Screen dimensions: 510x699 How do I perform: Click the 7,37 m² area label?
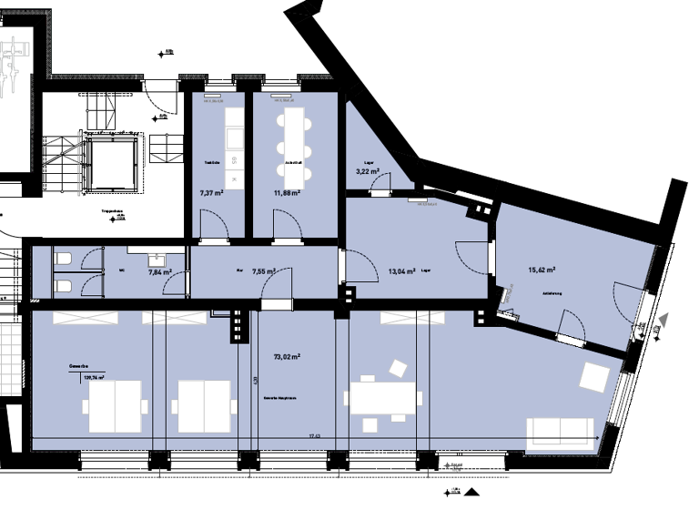[x=211, y=193]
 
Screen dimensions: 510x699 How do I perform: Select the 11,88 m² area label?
[x=287, y=193]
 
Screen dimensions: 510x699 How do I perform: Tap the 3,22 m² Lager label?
[x=367, y=171]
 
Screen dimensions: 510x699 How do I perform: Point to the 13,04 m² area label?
[x=401, y=271]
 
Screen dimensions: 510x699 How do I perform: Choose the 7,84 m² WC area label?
[x=160, y=271]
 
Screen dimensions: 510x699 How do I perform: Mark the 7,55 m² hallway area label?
[x=263, y=271]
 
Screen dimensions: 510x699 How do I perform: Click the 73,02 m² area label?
[x=287, y=358]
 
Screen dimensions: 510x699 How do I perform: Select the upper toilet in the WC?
[x=64, y=260]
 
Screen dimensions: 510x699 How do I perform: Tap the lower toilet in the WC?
[x=64, y=286]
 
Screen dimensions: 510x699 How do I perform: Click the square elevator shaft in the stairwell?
[x=112, y=162]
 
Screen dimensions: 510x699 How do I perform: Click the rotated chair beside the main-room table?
[x=398, y=368]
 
